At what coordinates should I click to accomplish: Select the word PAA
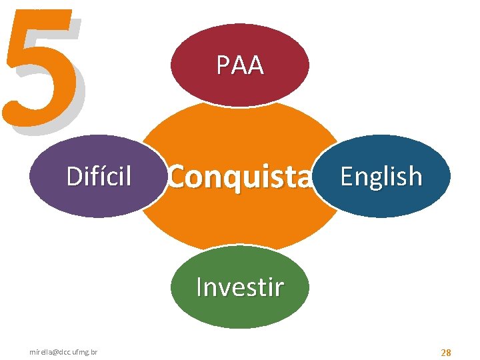coord(240,65)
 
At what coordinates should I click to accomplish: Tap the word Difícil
coord(99,177)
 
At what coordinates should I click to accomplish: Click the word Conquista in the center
coord(240,177)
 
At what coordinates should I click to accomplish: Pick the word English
coord(381,177)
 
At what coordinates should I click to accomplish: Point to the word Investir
coord(240,287)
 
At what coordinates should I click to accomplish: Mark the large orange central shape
coord(240,220)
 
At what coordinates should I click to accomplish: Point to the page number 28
coord(445,351)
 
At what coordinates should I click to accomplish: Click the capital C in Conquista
coord(177,177)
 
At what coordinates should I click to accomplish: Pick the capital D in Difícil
coord(74,177)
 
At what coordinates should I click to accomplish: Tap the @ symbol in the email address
coord(51,351)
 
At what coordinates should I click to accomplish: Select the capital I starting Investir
coord(199,287)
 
